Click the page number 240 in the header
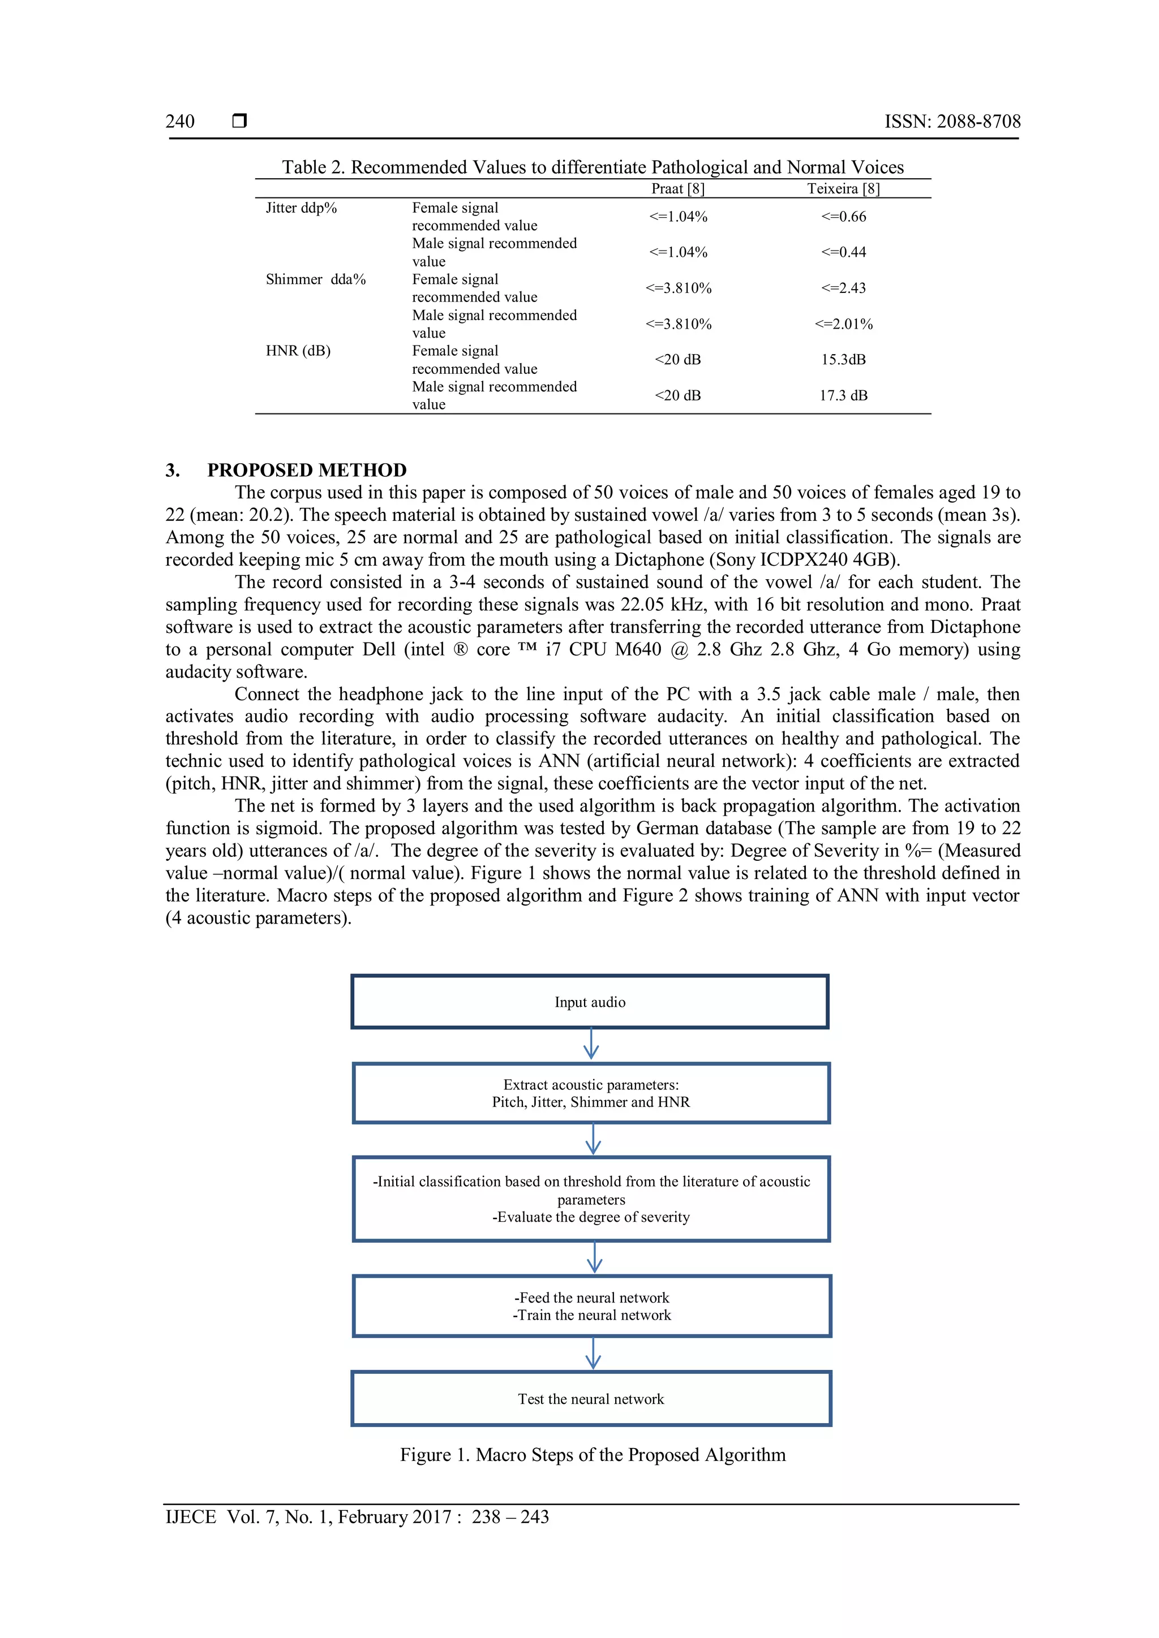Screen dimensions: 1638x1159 pyautogui.click(x=180, y=121)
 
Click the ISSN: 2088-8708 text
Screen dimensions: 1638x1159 pyautogui.click(x=952, y=121)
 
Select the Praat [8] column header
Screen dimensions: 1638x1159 pyautogui.click(x=677, y=189)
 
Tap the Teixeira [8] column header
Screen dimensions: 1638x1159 pyautogui.click(x=843, y=189)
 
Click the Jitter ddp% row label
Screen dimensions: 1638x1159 pyautogui.click(x=301, y=208)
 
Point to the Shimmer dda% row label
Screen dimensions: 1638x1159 pyautogui.click(x=315, y=279)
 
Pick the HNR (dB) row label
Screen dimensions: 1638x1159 pyautogui.click(x=298, y=351)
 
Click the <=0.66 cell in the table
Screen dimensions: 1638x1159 pyautogui.click(x=843, y=217)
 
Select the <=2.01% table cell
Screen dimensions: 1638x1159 pyautogui.click(x=843, y=324)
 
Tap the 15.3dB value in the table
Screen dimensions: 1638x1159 pyautogui.click(x=843, y=360)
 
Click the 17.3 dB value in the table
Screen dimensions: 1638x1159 pyautogui.click(x=843, y=395)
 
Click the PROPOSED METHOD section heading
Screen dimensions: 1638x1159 pyautogui.click(x=307, y=470)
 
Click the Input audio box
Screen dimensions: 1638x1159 pyautogui.click(x=590, y=1002)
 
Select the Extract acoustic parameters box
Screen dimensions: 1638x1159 pyautogui.click(x=591, y=1093)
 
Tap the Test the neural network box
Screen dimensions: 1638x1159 pyautogui.click(x=591, y=1398)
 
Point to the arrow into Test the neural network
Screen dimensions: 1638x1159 pyautogui.click(x=593, y=1352)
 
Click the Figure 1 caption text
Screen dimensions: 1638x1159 pyautogui.click(x=593, y=1455)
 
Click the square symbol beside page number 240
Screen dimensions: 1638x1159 pyautogui.click(x=240, y=120)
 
